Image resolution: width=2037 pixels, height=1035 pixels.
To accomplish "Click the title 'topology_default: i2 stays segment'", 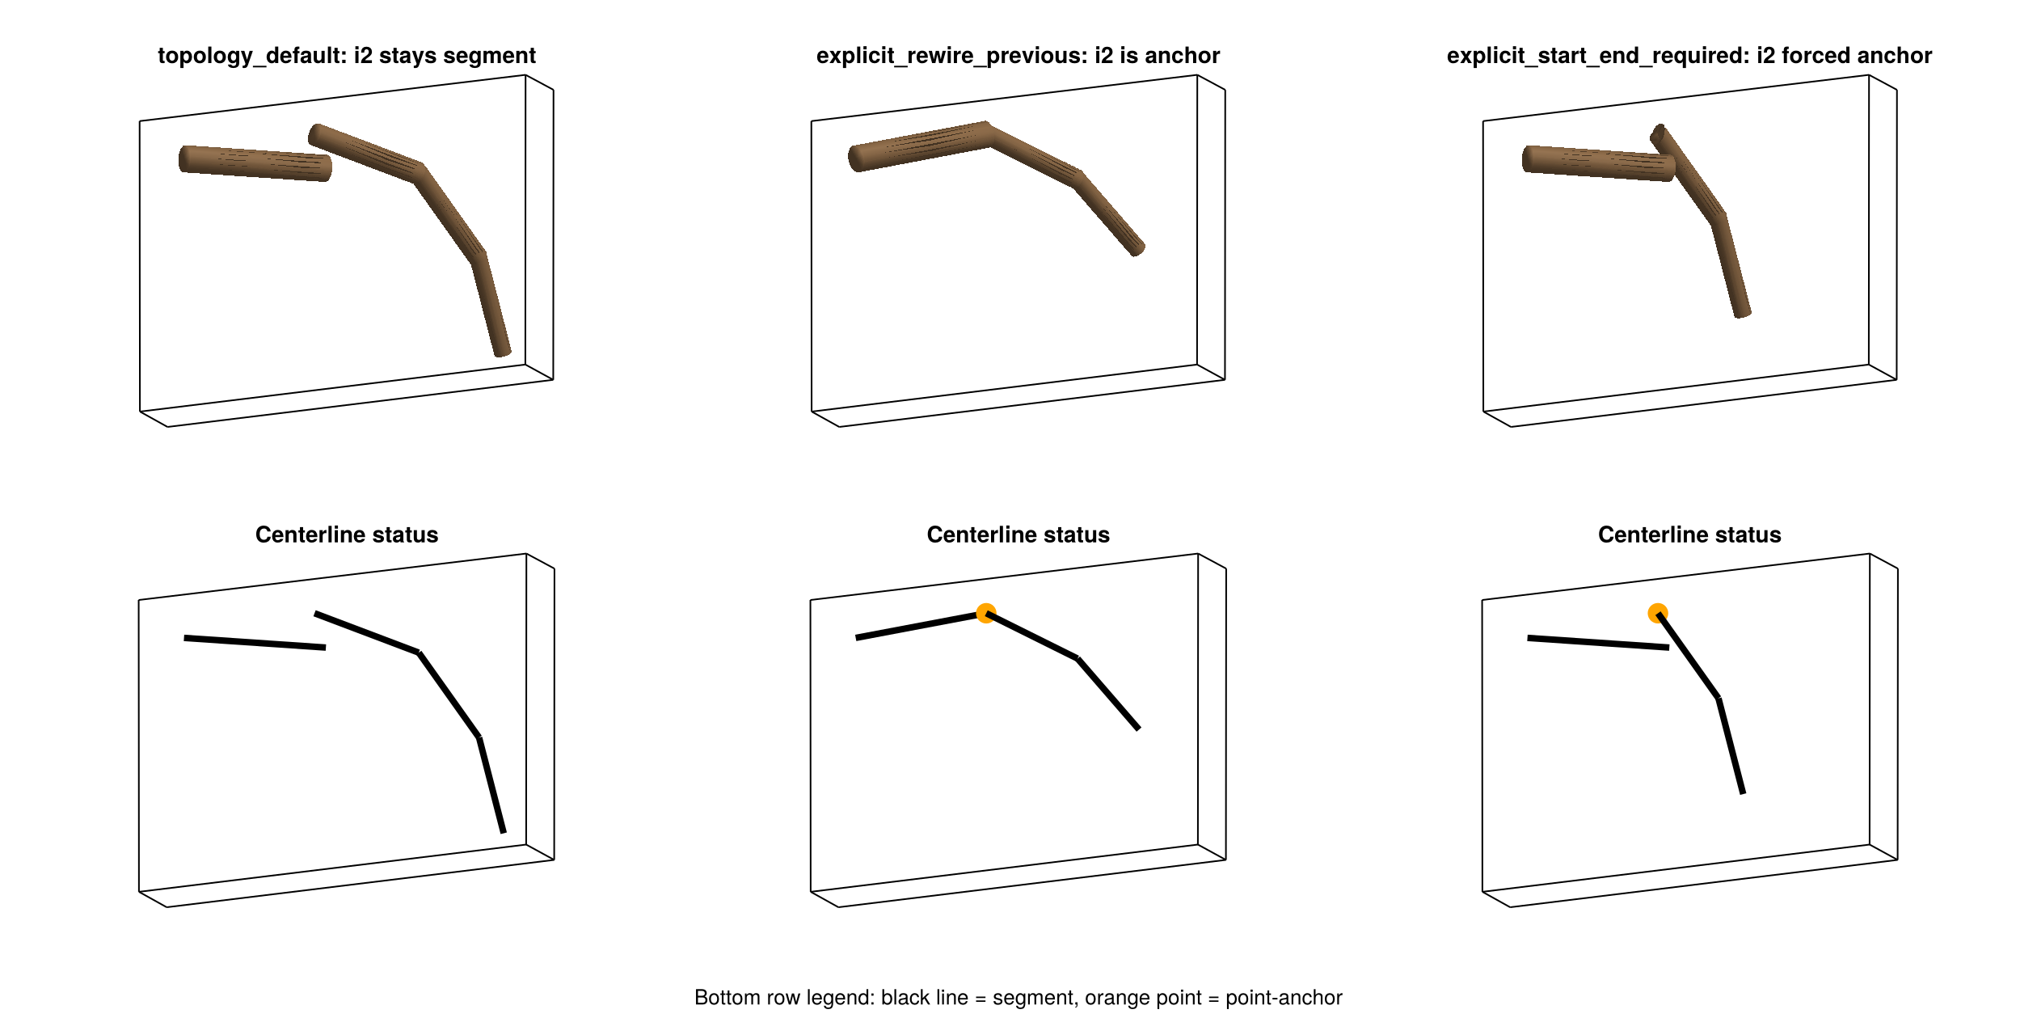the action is [x=347, y=56].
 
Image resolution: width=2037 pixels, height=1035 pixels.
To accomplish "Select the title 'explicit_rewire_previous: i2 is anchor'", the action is [x=1018, y=56].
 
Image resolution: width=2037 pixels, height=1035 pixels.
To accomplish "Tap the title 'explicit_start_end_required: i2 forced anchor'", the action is [x=1689, y=56].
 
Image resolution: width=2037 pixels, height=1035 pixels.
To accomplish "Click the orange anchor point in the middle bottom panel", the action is [x=986, y=614].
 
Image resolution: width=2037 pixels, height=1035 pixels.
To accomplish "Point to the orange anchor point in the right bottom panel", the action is [x=1658, y=614].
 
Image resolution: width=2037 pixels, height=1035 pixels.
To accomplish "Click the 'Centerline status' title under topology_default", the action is [x=347, y=534].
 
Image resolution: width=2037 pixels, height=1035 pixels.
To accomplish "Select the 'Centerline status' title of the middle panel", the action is [x=1018, y=534].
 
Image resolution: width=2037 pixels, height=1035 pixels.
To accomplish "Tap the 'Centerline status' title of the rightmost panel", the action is [x=1689, y=534].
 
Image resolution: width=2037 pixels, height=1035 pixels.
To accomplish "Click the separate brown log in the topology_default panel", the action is [x=255, y=163].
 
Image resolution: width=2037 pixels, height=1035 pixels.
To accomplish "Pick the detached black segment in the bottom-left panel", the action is [x=255, y=643].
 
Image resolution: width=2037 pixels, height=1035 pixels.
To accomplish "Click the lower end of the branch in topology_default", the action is [x=503, y=352].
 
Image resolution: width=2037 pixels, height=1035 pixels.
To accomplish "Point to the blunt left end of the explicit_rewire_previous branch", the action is [x=855, y=159].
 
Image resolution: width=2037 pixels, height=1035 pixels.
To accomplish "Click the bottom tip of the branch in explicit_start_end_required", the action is [x=1743, y=313].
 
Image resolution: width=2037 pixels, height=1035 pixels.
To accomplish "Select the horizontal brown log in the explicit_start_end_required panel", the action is [x=1599, y=163].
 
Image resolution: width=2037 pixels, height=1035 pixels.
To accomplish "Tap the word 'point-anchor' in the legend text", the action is [x=1284, y=998].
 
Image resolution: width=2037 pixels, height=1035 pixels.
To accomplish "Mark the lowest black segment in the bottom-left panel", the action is [x=491, y=784].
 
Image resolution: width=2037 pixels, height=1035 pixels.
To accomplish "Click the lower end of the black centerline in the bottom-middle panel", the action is [x=1139, y=729].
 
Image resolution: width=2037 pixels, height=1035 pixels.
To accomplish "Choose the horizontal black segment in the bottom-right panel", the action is [x=1598, y=643].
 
